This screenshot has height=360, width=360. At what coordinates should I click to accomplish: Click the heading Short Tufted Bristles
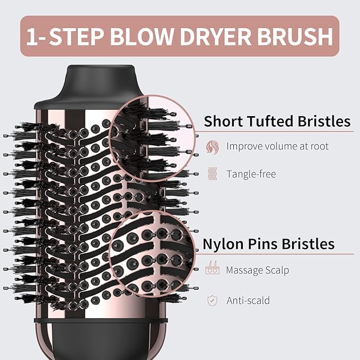(277, 121)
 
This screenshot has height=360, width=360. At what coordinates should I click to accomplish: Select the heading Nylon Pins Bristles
(269, 243)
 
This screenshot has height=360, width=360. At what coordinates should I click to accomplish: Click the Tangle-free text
(251, 174)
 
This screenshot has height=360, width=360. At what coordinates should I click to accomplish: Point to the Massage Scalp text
(257, 270)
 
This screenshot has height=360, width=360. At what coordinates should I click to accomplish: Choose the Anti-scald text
(248, 300)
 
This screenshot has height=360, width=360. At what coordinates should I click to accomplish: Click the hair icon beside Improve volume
(212, 147)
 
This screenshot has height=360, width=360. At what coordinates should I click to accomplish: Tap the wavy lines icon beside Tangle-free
(212, 174)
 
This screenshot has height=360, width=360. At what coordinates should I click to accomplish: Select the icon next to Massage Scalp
(212, 270)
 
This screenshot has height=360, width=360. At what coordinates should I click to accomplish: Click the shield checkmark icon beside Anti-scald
(212, 301)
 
